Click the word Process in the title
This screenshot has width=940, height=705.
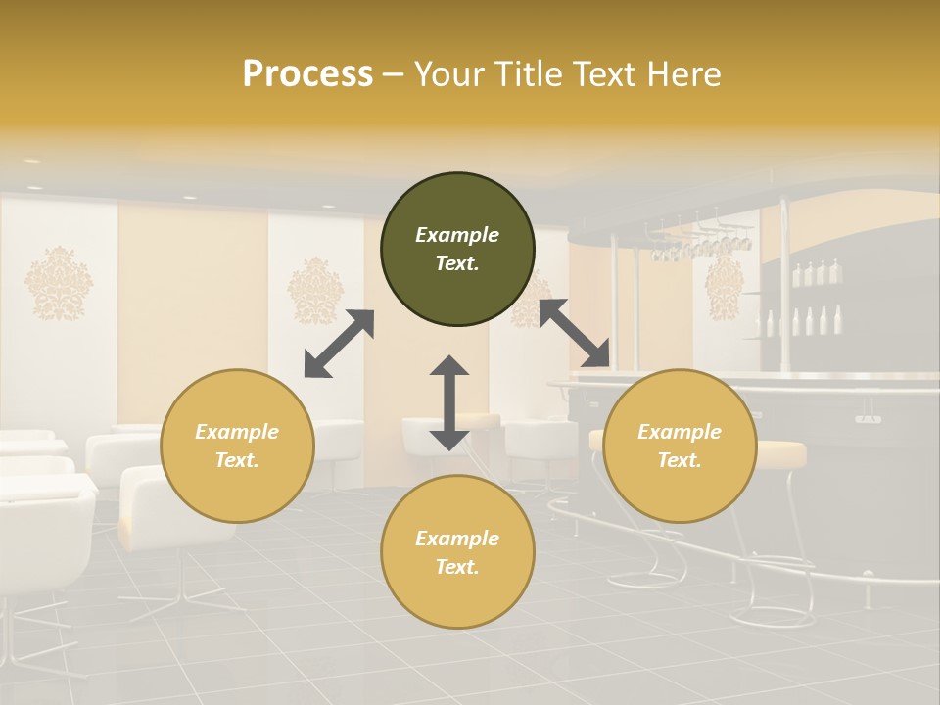point(307,74)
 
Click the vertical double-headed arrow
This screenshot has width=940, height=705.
point(449,402)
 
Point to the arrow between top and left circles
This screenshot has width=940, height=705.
point(339,344)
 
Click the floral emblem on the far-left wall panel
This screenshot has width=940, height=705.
point(59,283)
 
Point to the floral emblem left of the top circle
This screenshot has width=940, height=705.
point(314,290)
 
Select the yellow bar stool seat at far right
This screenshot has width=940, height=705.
point(780,452)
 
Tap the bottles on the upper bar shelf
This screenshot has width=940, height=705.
point(816,273)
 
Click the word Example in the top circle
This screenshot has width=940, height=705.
point(457,235)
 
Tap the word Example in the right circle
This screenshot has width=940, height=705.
point(680,432)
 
